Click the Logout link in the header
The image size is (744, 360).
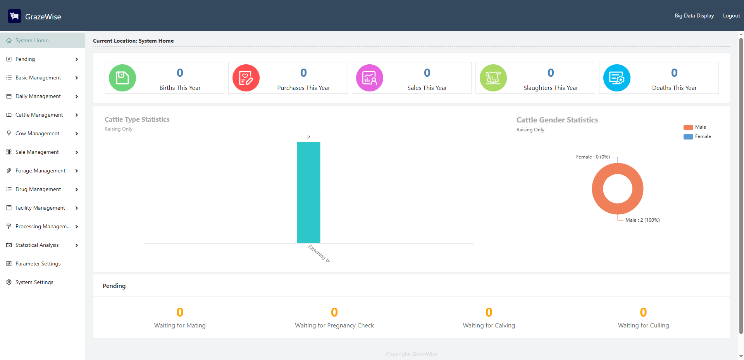pos(731,16)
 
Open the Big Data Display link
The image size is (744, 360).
pos(694,16)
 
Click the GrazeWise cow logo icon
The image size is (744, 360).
pos(15,16)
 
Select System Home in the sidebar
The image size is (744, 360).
pos(32,40)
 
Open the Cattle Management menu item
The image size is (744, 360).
pos(39,115)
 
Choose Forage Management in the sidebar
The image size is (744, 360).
pos(40,171)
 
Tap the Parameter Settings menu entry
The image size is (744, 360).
pos(38,264)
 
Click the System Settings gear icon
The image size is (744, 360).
pos(9,282)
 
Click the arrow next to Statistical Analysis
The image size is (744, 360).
pos(77,245)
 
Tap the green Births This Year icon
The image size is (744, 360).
pos(122,78)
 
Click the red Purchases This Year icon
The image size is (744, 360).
pos(246,78)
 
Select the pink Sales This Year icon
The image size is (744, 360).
pos(370,78)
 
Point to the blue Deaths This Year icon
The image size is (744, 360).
pos(617,78)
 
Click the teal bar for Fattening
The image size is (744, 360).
pos(308,193)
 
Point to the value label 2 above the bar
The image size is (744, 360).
pos(308,138)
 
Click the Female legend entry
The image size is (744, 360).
pos(697,136)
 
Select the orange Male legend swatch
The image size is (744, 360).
pos(688,127)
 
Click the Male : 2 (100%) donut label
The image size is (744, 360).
pos(642,220)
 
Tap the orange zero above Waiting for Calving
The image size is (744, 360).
pos(489,312)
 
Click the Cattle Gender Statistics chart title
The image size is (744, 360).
pos(557,120)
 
